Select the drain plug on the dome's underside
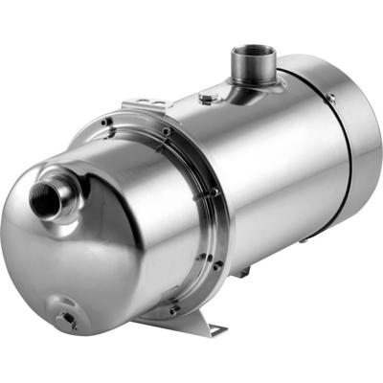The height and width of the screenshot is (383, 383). [66, 319]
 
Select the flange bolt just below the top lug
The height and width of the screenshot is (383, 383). [165, 131]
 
